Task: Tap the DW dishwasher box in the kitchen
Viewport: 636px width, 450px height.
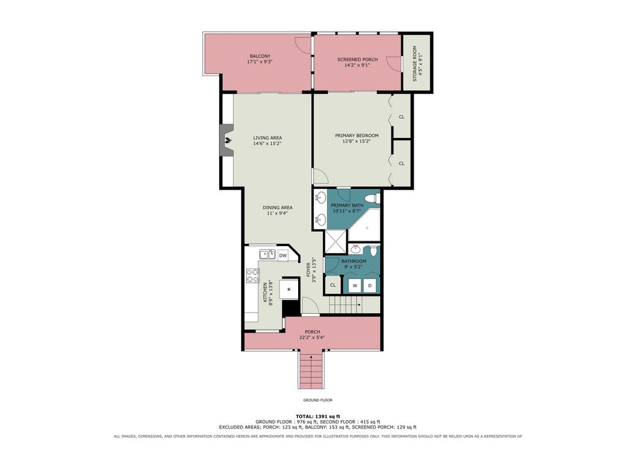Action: tap(283, 255)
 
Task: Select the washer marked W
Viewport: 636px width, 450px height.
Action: tap(355, 286)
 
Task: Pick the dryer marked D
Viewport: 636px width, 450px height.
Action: tap(370, 286)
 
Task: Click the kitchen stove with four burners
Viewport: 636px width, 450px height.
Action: tap(253, 276)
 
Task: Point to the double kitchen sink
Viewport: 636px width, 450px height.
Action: tap(267, 254)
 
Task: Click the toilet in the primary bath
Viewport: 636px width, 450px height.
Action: tap(372, 199)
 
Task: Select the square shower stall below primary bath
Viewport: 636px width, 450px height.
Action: tap(336, 241)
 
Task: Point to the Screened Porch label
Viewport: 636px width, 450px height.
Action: tap(357, 60)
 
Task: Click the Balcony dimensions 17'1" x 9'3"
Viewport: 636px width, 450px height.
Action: tap(260, 62)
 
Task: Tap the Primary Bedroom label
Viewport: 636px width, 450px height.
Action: tap(357, 135)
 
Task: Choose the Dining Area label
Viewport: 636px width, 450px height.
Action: tap(278, 208)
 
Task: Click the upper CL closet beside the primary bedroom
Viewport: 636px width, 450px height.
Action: tap(402, 117)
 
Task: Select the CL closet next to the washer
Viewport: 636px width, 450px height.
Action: tap(333, 285)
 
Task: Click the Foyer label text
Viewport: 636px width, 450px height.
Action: tap(308, 269)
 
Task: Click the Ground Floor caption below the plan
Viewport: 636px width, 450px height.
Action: tap(318, 400)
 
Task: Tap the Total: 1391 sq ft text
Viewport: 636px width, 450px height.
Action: tap(318, 416)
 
